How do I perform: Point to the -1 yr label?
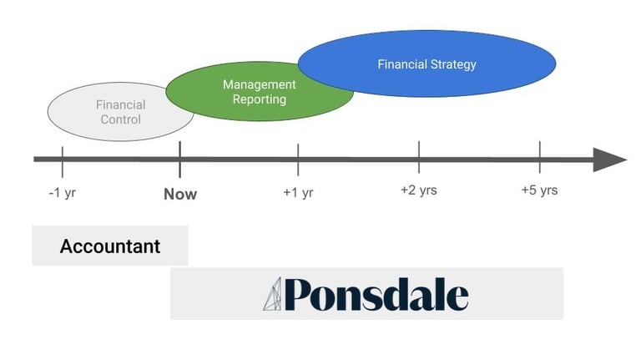point(63,193)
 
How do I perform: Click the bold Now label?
point(180,194)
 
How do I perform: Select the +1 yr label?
point(298,193)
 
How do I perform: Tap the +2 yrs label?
point(419,190)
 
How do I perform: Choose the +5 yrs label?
point(539,190)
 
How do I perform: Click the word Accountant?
point(110,247)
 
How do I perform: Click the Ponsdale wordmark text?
point(376,295)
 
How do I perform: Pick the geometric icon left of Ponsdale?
point(274,295)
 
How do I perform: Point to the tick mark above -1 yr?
point(63,158)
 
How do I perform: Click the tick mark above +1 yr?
point(298,158)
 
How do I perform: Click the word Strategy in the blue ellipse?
point(452,64)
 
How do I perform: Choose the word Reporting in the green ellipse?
point(260,99)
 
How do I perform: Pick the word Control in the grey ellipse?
point(121,119)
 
